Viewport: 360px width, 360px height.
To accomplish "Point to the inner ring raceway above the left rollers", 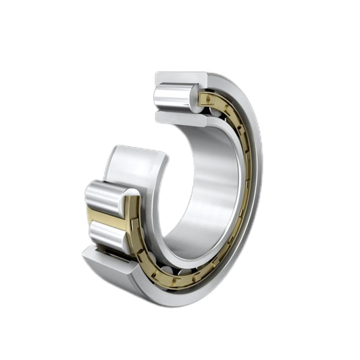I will pos(135,165).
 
